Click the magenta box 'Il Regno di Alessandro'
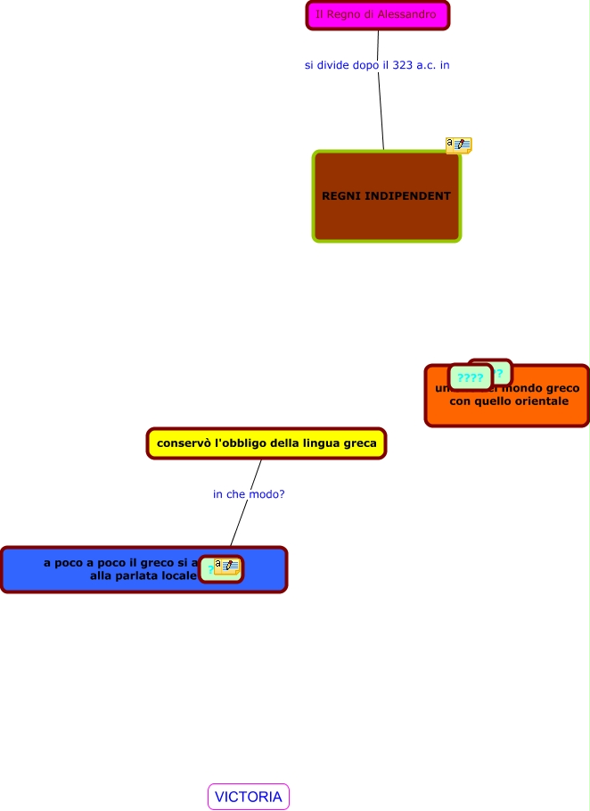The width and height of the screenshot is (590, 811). [377, 15]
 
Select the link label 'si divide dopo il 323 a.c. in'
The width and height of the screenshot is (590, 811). [377, 65]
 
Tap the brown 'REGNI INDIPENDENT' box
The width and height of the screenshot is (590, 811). [386, 214]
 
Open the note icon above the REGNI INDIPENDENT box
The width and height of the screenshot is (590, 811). [458, 145]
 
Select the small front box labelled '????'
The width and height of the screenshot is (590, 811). [470, 377]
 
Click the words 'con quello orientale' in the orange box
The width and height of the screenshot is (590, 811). [507, 402]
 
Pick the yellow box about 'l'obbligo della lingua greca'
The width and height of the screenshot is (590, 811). [266, 443]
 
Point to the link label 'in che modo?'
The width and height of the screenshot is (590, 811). [249, 493]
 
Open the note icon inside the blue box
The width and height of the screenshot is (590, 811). [227, 567]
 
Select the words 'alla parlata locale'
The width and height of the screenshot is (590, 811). [143, 576]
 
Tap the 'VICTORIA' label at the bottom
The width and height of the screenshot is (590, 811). [249, 797]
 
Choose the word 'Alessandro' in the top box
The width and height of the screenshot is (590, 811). [407, 15]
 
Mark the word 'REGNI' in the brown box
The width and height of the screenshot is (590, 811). [342, 196]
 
